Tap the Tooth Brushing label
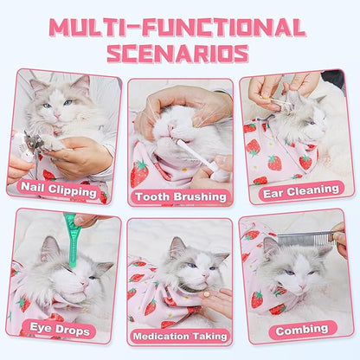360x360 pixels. (x=179, y=196)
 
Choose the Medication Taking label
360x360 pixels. (x=179, y=336)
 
